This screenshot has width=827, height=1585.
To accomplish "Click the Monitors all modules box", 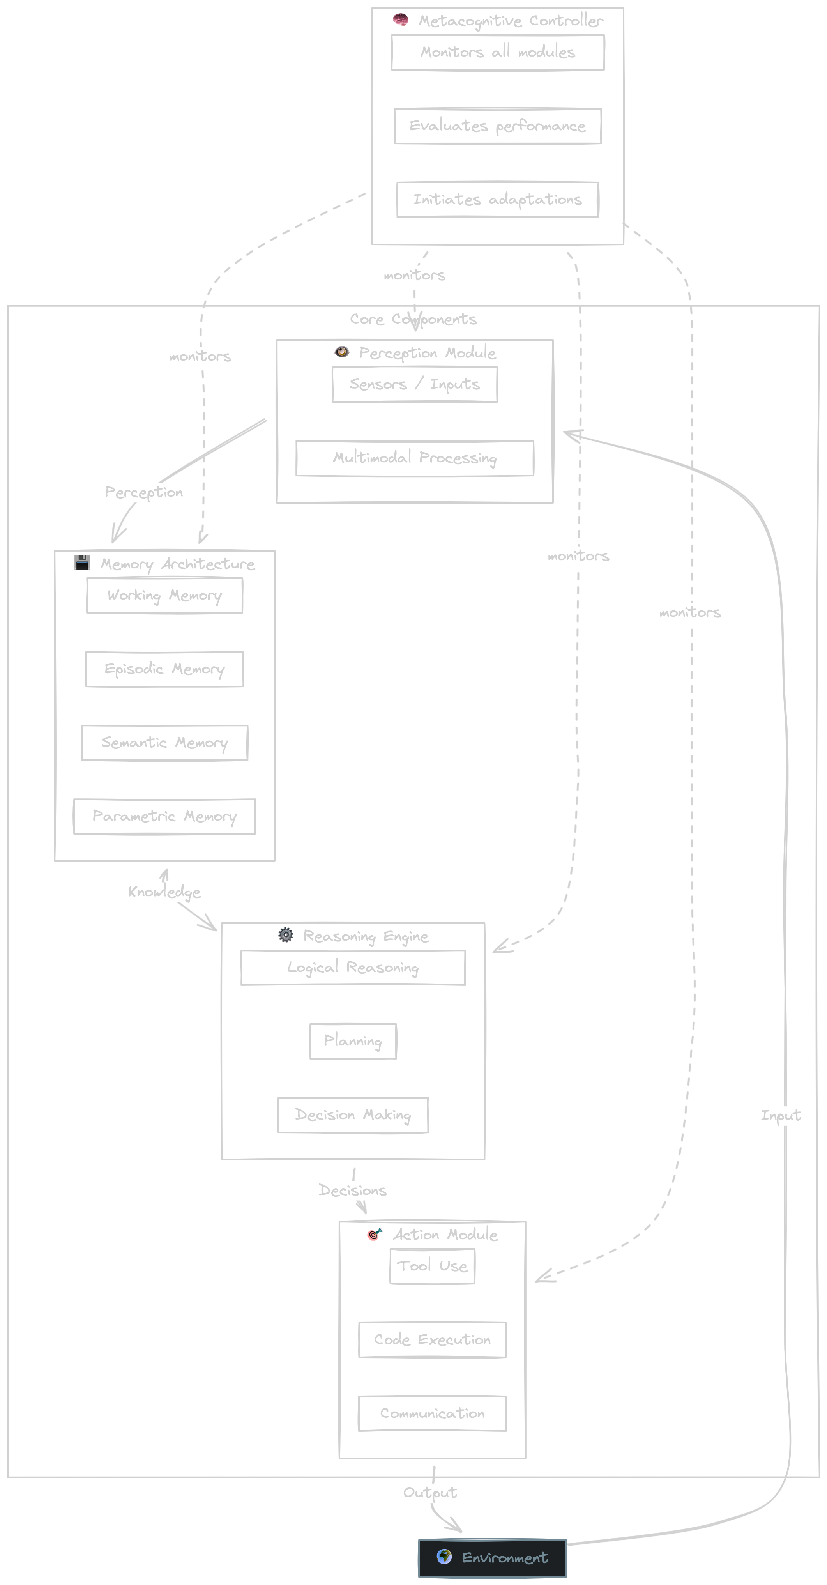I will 497,52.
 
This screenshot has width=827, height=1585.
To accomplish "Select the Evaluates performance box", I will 497,126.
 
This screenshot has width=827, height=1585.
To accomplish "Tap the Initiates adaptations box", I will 497,199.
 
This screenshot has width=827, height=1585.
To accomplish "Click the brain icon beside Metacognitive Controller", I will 401,20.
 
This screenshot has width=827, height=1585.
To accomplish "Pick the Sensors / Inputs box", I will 414,385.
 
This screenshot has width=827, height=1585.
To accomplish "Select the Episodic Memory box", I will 164,669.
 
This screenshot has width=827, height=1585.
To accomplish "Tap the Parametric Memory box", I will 164,817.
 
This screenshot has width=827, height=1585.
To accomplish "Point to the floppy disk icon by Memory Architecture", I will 82,563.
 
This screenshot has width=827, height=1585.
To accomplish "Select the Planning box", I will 353,1041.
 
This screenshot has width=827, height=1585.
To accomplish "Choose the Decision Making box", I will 353,1115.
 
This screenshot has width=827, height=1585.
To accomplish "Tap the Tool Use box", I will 432,1266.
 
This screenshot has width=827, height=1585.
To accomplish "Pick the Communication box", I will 432,1413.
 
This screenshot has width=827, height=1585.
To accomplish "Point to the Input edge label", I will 780,1116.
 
